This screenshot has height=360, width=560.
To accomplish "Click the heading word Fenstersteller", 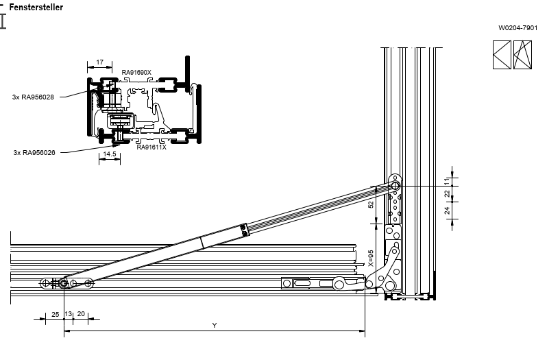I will point(36,7).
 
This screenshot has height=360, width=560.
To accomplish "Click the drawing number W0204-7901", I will point(518,28).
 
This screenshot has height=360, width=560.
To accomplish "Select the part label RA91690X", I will point(136,72).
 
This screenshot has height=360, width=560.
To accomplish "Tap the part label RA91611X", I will point(151,147).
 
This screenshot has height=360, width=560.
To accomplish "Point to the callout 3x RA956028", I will point(33,97).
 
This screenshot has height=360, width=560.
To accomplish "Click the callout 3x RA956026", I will point(34,152).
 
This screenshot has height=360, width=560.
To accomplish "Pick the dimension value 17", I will point(100,62).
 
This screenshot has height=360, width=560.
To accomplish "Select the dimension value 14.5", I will point(110,154).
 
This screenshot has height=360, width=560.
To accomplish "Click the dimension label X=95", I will point(370,258).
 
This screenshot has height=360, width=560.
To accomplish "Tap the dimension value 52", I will point(371,204).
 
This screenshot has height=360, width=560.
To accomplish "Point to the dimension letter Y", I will point(215,326).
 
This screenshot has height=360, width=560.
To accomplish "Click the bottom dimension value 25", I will point(56,314).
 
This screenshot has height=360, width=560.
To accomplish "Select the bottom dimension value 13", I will point(68,314).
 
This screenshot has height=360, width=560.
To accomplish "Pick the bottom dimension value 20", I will point(81,314).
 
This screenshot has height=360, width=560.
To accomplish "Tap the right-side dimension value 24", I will point(447,211).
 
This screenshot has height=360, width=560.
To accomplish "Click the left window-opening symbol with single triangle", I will point(502,55).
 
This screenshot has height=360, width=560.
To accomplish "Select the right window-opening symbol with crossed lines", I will point(523,55).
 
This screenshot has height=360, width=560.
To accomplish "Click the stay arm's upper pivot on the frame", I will point(395,185).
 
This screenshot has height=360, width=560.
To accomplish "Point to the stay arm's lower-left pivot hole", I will point(63,283).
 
